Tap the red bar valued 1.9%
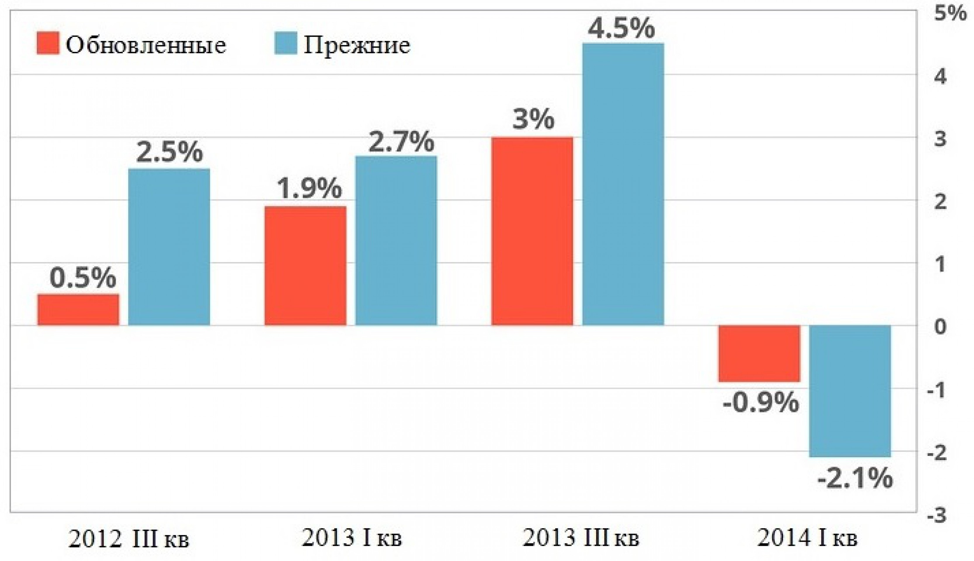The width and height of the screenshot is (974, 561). (305, 266)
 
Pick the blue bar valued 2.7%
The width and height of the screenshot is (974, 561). (396, 241)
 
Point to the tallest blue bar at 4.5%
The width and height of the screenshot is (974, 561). (623, 184)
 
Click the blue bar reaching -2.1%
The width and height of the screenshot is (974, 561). (850, 391)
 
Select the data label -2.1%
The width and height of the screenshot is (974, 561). (855, 479)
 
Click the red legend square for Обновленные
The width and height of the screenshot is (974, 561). (48, 43)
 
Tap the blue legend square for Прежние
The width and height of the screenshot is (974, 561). (286, 43)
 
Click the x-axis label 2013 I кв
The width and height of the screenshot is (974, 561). (352, 538)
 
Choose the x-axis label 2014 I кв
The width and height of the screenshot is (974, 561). (808, 538)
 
